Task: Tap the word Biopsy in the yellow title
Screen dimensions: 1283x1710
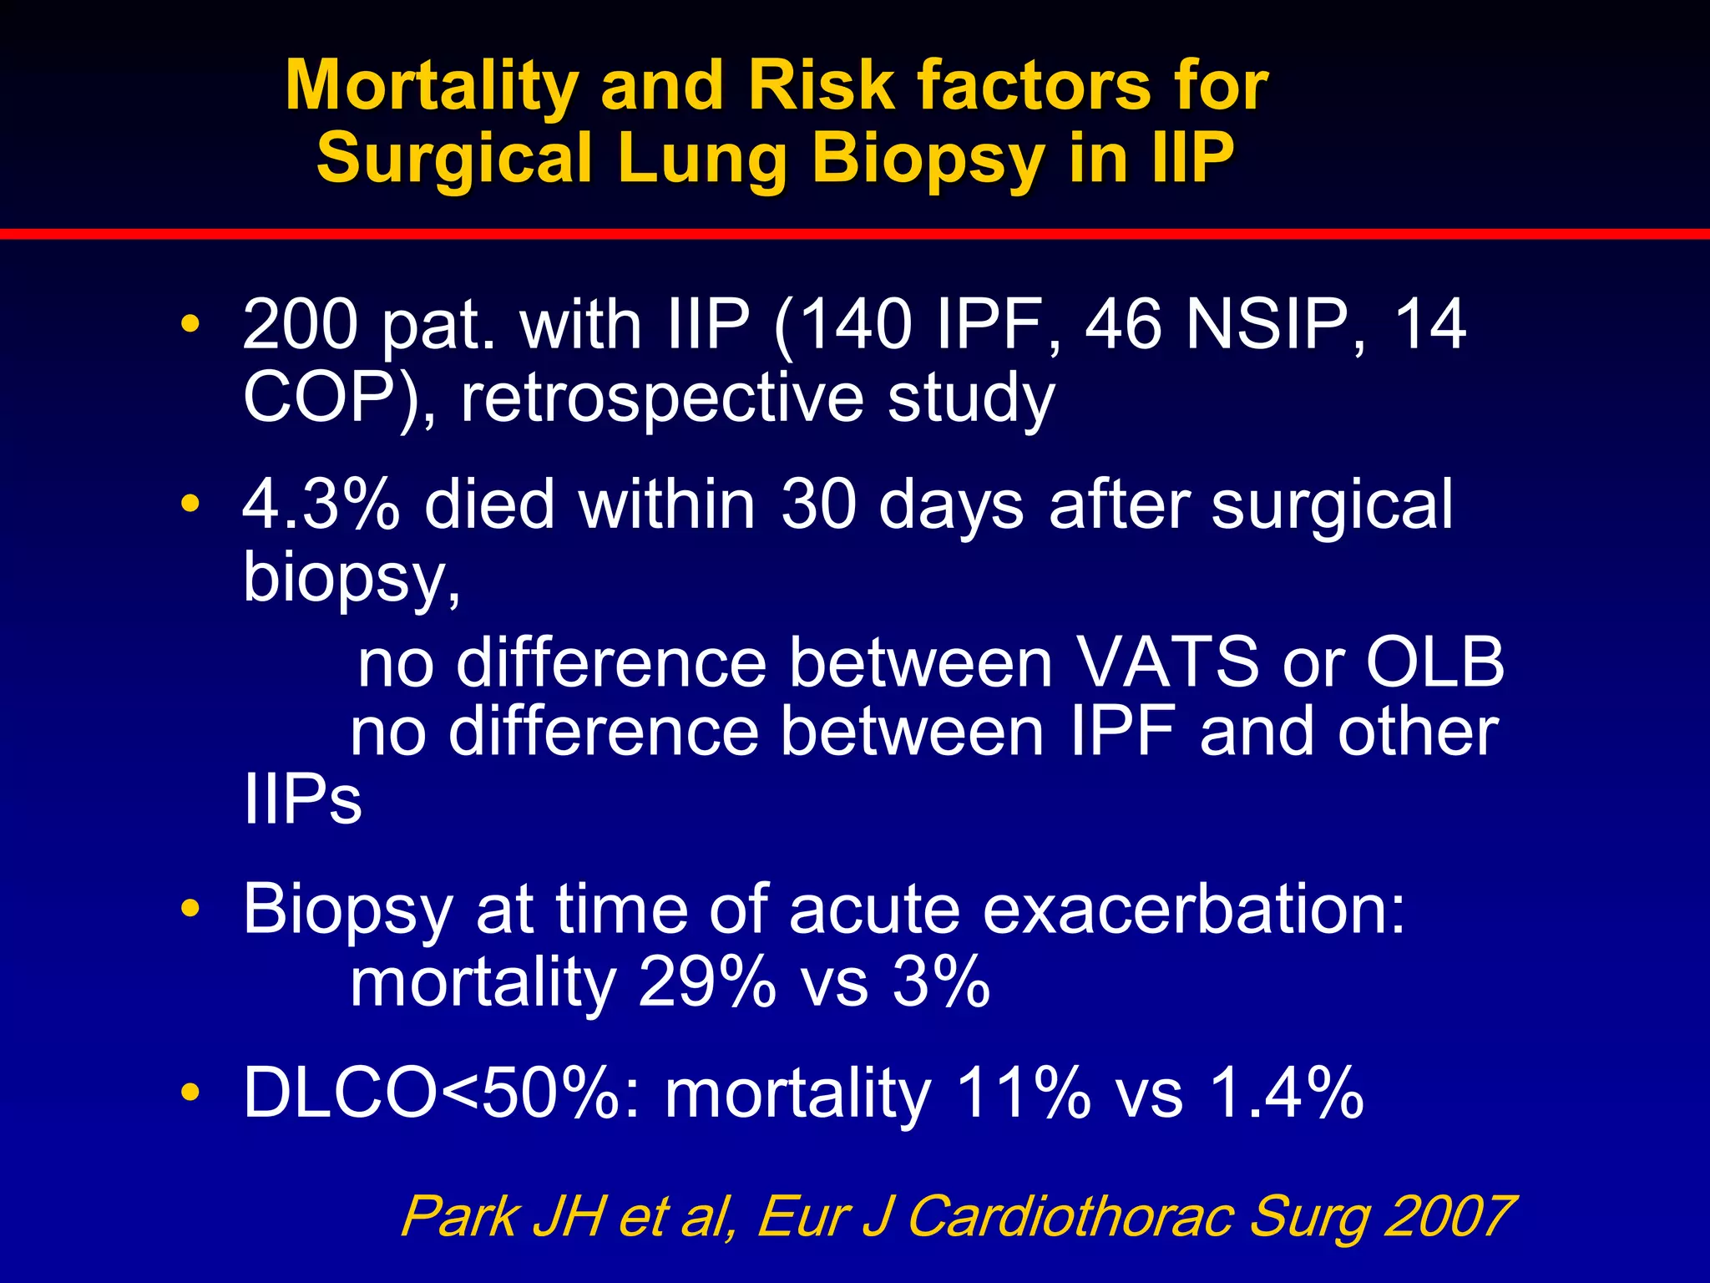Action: [x=928, y=159]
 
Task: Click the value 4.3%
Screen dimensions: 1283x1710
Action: [x=321, y=505]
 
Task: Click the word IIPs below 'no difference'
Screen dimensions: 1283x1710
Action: [x=302, y=800]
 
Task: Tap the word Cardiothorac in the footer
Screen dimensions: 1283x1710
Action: [x=1070, y=1216]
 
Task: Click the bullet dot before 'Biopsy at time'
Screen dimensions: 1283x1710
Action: [x=190, y=908]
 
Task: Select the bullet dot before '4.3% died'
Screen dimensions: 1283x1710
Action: [x=190, y=504]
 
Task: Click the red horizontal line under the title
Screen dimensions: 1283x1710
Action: [x=855, y=234]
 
